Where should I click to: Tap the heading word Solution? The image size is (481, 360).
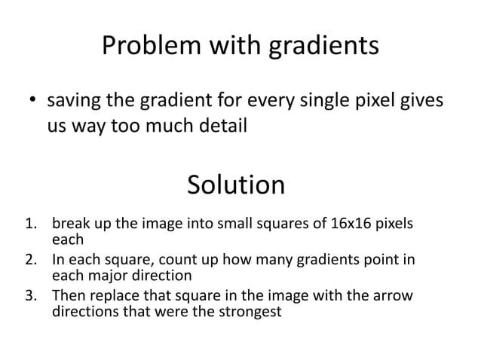[x=235, y=185]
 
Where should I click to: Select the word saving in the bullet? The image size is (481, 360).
[x=75, y=100]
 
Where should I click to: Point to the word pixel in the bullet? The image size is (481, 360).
[x=370, y=100]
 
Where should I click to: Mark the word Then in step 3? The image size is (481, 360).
[x=67, y=295]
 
